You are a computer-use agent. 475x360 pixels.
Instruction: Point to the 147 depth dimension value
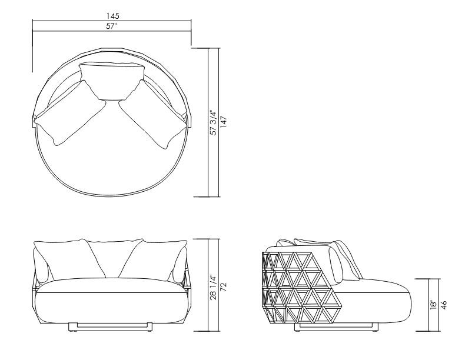224,122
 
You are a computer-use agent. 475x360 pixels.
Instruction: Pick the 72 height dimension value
224,286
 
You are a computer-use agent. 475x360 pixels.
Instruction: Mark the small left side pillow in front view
41,265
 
